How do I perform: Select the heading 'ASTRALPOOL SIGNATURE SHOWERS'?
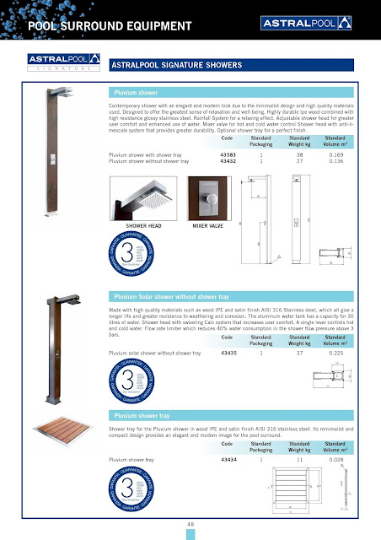[x=177, y=64]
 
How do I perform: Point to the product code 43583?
[x=228, y=156]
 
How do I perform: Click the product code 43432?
[x=228, y=162]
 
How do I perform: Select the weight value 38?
[x=299, y=156]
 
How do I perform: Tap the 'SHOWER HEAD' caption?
[x=143, y=227]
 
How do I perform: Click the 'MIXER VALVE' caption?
[x=207, y=227]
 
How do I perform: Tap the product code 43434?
[x=228, y=460]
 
